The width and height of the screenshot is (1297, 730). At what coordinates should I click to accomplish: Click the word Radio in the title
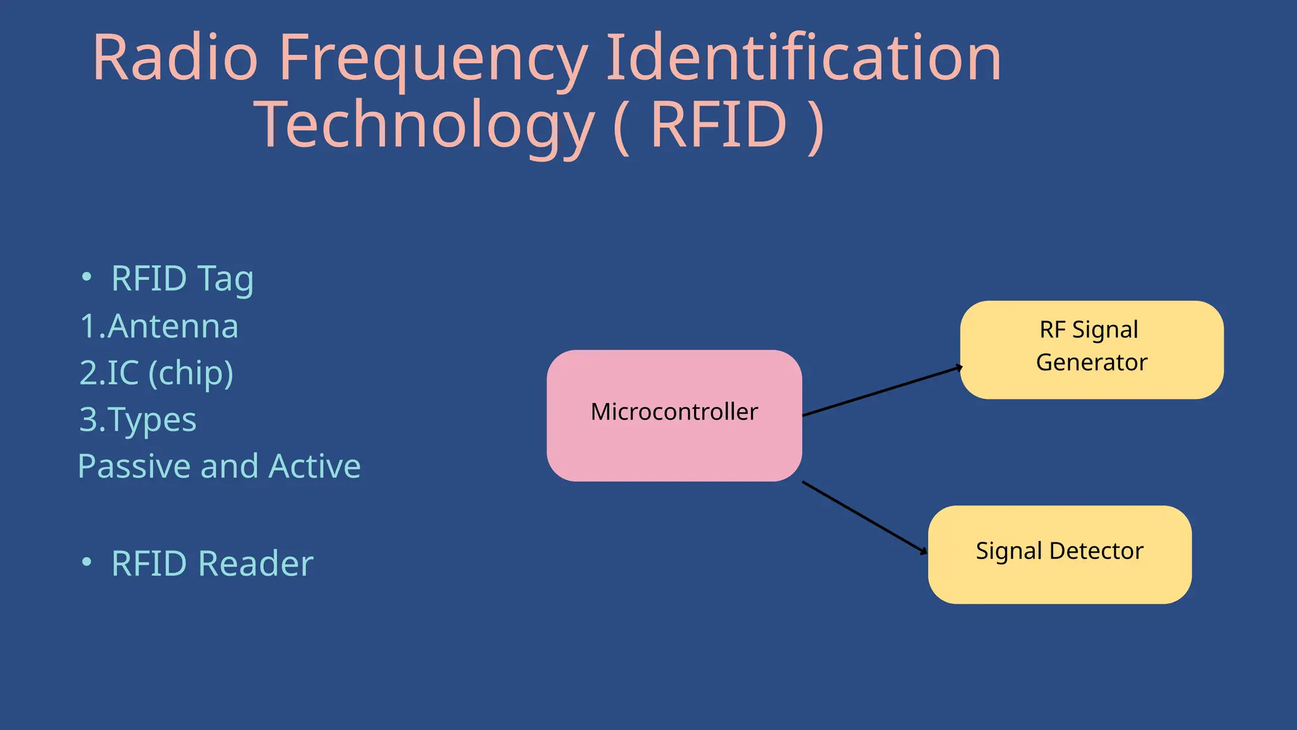click(175, 58)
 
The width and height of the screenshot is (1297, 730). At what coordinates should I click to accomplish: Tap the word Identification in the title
click(803, 58)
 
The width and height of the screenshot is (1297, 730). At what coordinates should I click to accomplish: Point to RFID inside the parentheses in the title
click(719, 125)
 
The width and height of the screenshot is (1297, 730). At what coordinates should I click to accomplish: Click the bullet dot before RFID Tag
click(87, 278)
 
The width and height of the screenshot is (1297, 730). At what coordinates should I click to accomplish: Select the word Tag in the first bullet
click(225, 279)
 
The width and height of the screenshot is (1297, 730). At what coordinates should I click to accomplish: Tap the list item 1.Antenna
click(159, 326)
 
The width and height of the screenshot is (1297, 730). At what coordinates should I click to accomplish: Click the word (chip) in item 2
click(191, 373)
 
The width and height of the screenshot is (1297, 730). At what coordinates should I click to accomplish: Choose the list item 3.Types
click(138, 420)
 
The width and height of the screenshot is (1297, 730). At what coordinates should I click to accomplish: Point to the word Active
click(315, 466)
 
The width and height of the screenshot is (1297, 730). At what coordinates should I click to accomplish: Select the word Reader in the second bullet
click(256, 563)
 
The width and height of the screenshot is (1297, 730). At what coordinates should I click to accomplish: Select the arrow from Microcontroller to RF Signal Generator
click(882, 391)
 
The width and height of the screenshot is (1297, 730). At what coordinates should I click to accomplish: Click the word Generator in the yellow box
click(1091, 362)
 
